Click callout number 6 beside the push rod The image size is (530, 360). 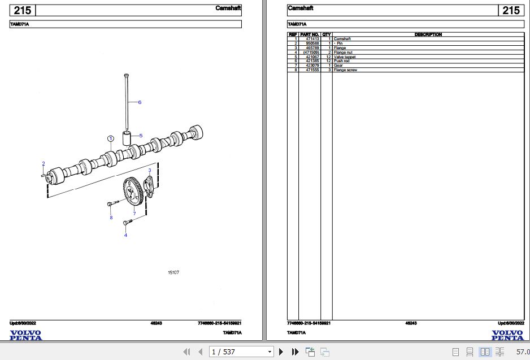140,102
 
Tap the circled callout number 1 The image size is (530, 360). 111,138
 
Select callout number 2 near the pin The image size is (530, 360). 43,164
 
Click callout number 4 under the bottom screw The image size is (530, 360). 125,235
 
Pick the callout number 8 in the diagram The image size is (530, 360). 111,218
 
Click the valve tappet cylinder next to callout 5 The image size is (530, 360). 127,137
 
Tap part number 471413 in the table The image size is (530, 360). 312,39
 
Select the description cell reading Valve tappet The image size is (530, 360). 345,57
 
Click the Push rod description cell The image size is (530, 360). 342,61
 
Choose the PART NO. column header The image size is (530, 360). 310,34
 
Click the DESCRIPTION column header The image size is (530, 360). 428,34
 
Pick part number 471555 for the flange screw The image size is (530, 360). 312,70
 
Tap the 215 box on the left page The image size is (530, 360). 23,10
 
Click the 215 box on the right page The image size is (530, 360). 510,10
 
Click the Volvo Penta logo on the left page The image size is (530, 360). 25,335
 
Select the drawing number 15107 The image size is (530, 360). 173,273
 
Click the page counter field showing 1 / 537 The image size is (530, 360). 240,352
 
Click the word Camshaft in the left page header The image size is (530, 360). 228,8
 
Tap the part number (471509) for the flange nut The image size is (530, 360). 311,53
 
